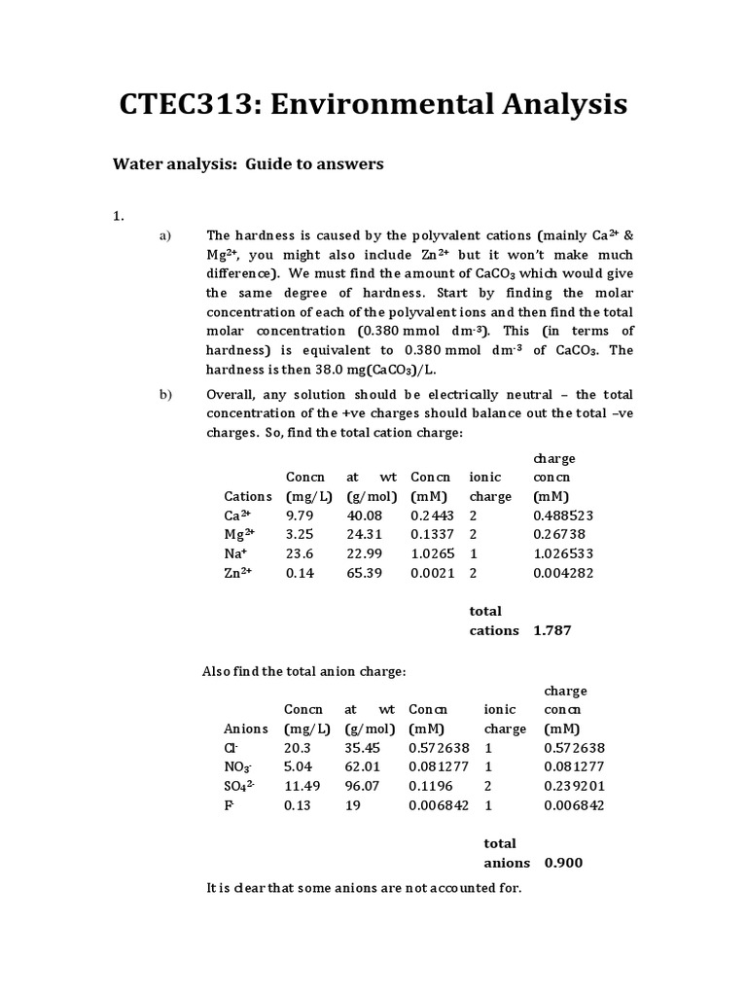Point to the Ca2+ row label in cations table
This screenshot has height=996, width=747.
[x=238, y=515]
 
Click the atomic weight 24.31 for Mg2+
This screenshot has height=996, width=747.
[x=365, y=534]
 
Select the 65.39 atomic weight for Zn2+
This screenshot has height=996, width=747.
[x=365, y=573]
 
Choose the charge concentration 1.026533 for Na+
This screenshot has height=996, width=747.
[x=563, y=553]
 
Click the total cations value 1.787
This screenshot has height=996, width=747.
[x=552, y=630]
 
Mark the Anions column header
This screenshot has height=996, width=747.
[x=246, y=729]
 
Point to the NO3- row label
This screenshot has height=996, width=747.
[x=238, y=767]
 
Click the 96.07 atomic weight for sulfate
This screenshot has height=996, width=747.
[x=364, y=786]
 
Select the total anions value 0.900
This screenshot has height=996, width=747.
[x=564, y=863]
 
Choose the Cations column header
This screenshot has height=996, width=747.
[x=248, y=496]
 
